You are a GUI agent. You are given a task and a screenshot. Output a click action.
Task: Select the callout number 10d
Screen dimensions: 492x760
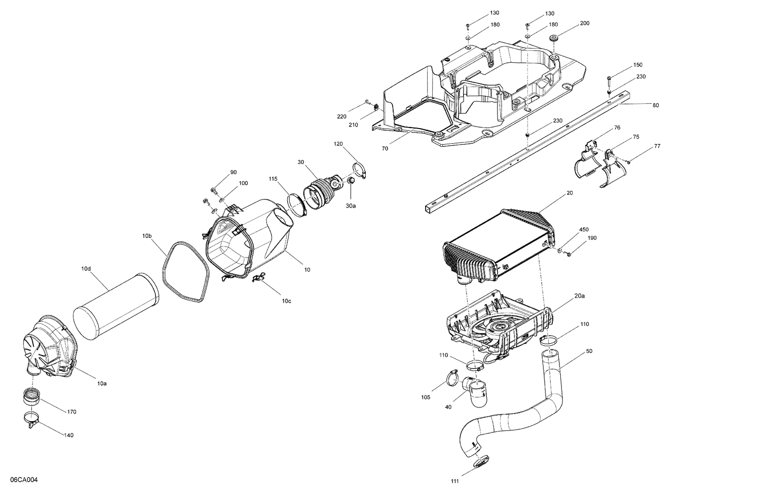(86, 268)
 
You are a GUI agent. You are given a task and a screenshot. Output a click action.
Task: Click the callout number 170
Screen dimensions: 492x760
(71, 412)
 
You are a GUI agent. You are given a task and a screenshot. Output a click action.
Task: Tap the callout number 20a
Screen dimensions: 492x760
(580, 296)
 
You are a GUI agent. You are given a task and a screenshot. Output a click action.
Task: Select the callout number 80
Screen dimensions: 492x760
(656, 105)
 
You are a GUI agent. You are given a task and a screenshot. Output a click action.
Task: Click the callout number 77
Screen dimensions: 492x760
(657, 146)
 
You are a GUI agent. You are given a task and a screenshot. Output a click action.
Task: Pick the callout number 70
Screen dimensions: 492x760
(385, 149)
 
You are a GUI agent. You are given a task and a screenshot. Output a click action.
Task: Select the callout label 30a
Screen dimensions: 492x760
(351, 206)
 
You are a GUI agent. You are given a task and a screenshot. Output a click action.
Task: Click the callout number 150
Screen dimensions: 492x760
(637, 65)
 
